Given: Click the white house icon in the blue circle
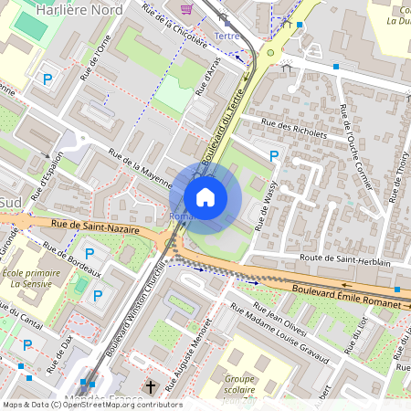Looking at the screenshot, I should (205, 197).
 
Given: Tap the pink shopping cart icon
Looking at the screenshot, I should (187, 9).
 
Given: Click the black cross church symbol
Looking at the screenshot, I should (151, 386).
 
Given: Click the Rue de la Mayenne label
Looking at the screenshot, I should (141, 168).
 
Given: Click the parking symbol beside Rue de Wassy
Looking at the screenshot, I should (273, 157).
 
